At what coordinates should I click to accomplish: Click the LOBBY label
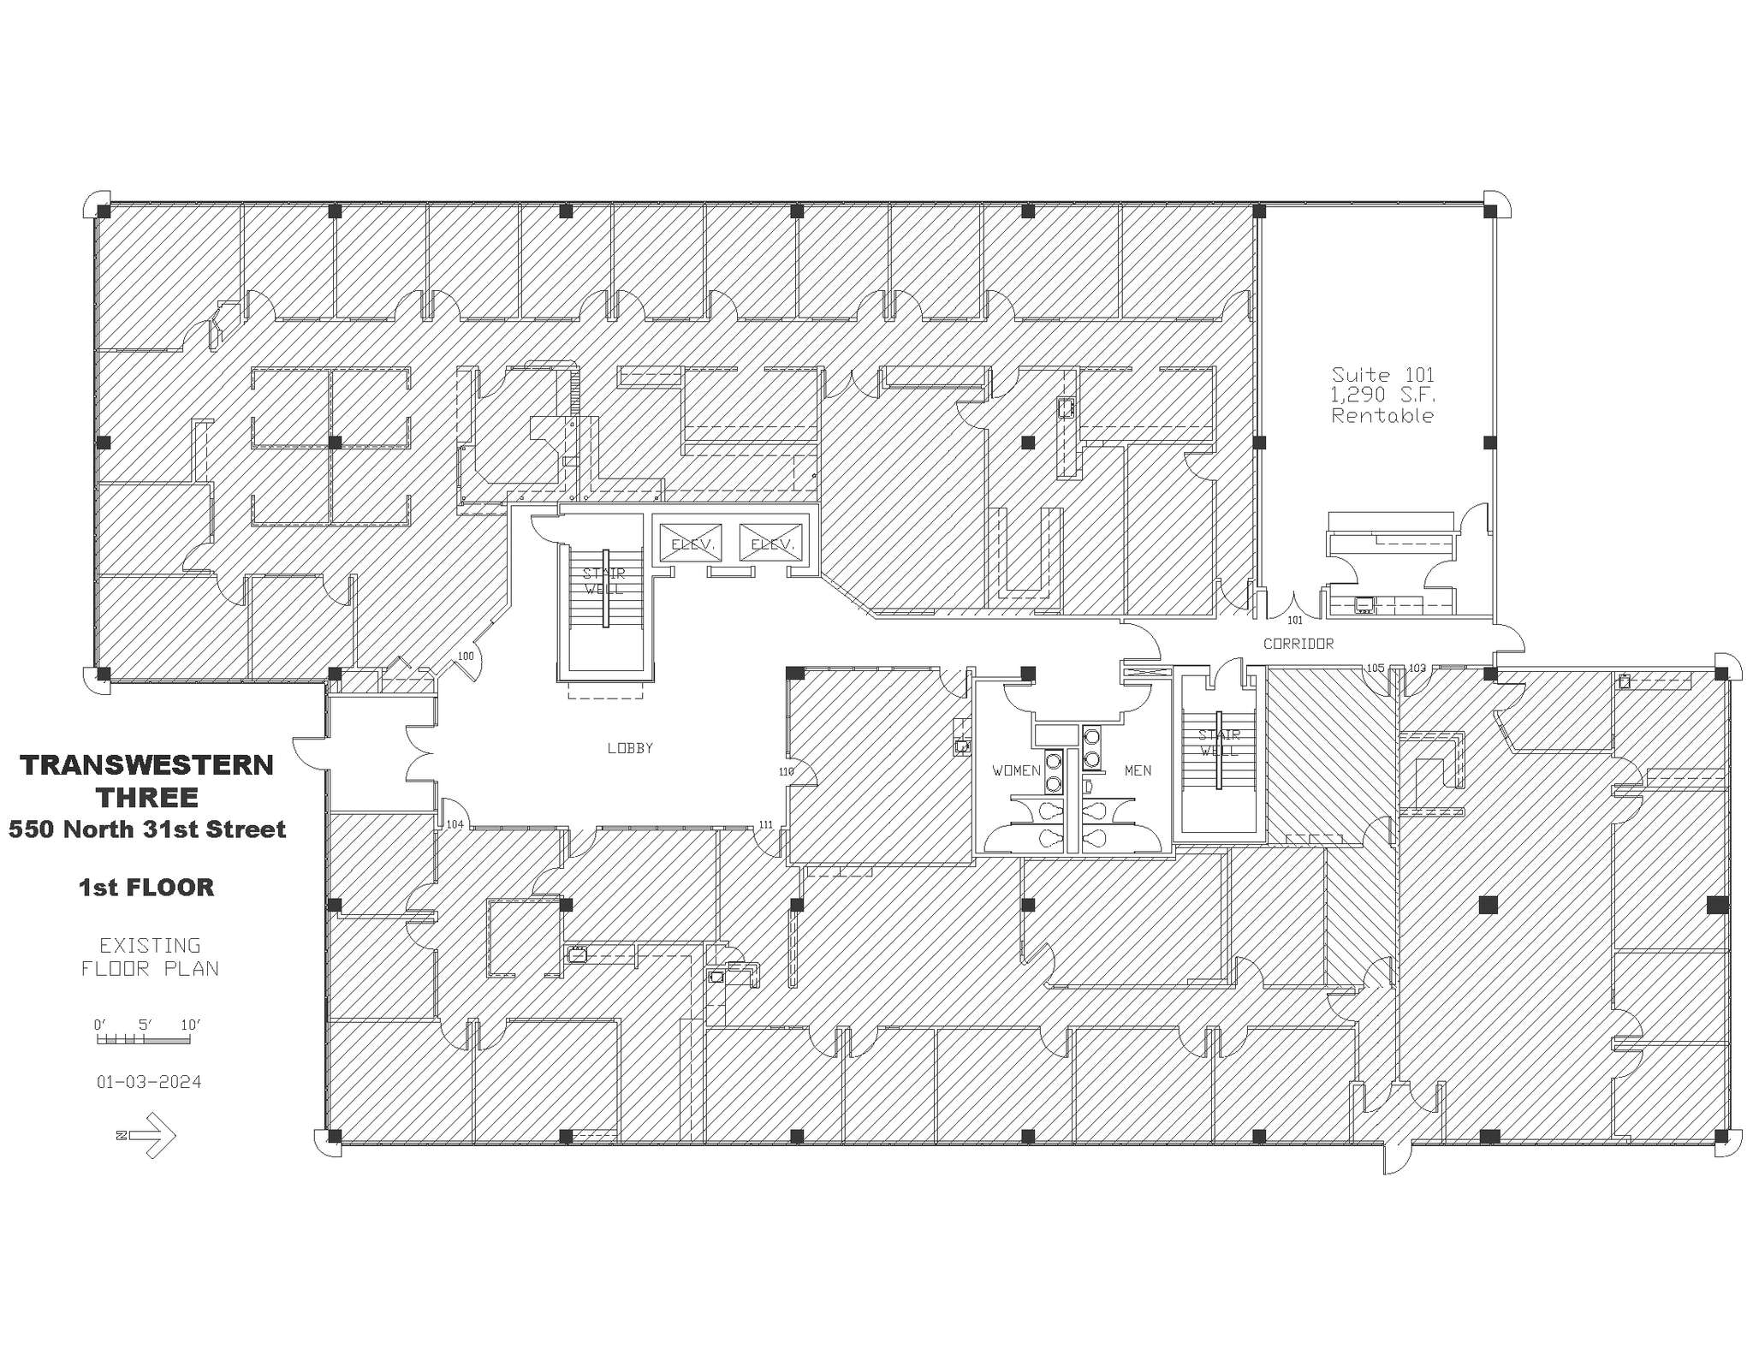click(x=630, y=748)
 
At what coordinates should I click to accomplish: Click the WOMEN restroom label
click(x=1016, y=770)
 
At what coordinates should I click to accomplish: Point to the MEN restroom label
click(x=1138, y=770)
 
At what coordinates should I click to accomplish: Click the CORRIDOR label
click(x=1298, y=644)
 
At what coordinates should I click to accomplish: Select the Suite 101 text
click(x=1382, y=375)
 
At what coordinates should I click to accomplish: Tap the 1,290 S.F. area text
click(x=1382, y=395)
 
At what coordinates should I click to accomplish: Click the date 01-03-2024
click(x=149, y=1082)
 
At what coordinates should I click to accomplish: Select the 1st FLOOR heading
click(x=146, y=888)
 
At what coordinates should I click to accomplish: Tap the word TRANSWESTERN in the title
click(x=146, y=765)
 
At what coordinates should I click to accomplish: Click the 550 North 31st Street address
click(x=146, y=829)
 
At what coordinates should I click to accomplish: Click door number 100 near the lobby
click(x=465, y=657)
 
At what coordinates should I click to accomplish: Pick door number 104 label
click(x=455, y=824)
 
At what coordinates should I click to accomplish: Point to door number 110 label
click(x=786, y=771)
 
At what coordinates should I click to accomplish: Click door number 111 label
click(x=765, y=825)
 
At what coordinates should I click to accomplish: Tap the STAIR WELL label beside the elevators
click(x=604, y=581)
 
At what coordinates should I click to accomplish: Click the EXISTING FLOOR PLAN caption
click(x=150, y=957)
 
